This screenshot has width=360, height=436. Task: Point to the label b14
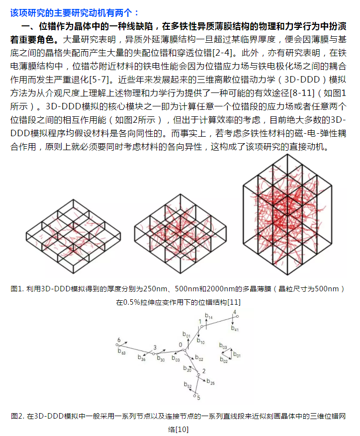point(209,317)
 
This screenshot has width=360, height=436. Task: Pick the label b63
point(122,351)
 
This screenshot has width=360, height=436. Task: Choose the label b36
point(142,358)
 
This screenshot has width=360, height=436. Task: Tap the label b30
point(161,358)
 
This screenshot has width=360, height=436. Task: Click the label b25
point(211,382)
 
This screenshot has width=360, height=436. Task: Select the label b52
point(187,385)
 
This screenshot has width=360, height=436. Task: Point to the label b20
point(187,369)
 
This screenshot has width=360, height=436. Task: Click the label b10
point(200,342)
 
